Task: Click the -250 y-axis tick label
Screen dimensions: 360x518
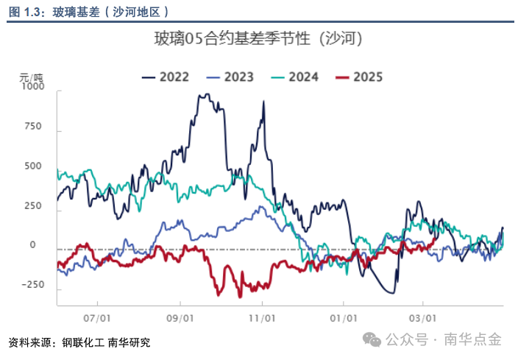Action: pos(33,285)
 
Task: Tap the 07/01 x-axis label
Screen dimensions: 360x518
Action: pos(98,319)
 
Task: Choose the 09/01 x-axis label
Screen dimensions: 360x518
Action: pos(180,319)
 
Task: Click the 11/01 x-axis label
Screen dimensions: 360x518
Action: pos(262,319)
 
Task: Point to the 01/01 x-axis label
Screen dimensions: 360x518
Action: pos(344,319)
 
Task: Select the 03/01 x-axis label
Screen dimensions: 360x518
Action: pos(422,319)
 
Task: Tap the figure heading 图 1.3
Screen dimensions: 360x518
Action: pos(26,11)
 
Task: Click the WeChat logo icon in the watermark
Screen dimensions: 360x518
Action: pos(373,339)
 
